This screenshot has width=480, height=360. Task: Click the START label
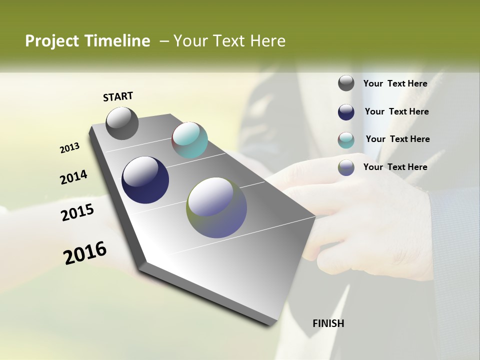pyautogui.click(x=118, y=96)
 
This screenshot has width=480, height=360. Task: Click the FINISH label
pyautogui.click(x=328, y=323)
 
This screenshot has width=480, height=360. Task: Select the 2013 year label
pyautogui.click(x=69, y=148)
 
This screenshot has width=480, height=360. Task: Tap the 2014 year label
pyautogui.click(x=73, y=177)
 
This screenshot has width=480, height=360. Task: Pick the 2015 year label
pyautogui.click(x=77, y=212)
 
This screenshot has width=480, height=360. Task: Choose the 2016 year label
pyautogui.click(x=85, y=253)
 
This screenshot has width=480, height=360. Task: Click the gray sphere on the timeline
pyautogui.click(x=122, y=123)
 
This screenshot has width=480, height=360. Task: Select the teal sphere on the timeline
pyautogui.click(x=189, y=140)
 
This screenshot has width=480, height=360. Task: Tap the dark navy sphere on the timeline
pyautogui.click(x=145, y=180)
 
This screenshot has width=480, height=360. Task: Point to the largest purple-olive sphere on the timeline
pyautogui.click(x=216, y=207)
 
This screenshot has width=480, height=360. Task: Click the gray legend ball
pyautogui.click(x=346, y=83)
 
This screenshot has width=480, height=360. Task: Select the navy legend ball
pyautogui.click(x=346, y=111)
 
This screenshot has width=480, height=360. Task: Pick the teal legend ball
pyautogui.click(x=346, y=140)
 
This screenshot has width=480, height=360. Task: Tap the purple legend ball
pyautogui.click(x=346, y=167)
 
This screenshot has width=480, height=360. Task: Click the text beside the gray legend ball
pyautogui.click(x=395, y=83)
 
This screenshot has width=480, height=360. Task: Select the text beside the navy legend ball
pyautogui.click(x=396, y=111)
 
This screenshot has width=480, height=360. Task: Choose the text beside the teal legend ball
pyautogui.click(x=397, y=139)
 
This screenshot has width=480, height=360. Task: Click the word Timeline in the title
pyautogui.click(x=118, y=41)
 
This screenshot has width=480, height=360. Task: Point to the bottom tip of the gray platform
pyautogui.click(x=270, y=324)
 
